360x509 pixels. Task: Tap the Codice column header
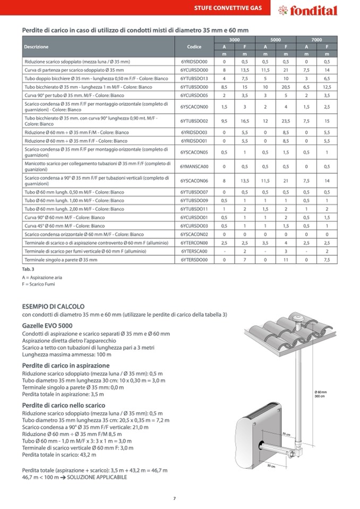point(194,47)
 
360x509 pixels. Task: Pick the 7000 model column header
point(316,40)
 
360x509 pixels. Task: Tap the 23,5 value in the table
point(286,121)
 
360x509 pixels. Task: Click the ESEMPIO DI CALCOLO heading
point(53,307)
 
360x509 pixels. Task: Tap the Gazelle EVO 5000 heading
point(47,325)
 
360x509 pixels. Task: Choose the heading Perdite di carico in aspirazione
point(66,366)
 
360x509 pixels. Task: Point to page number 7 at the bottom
point(175,498)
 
